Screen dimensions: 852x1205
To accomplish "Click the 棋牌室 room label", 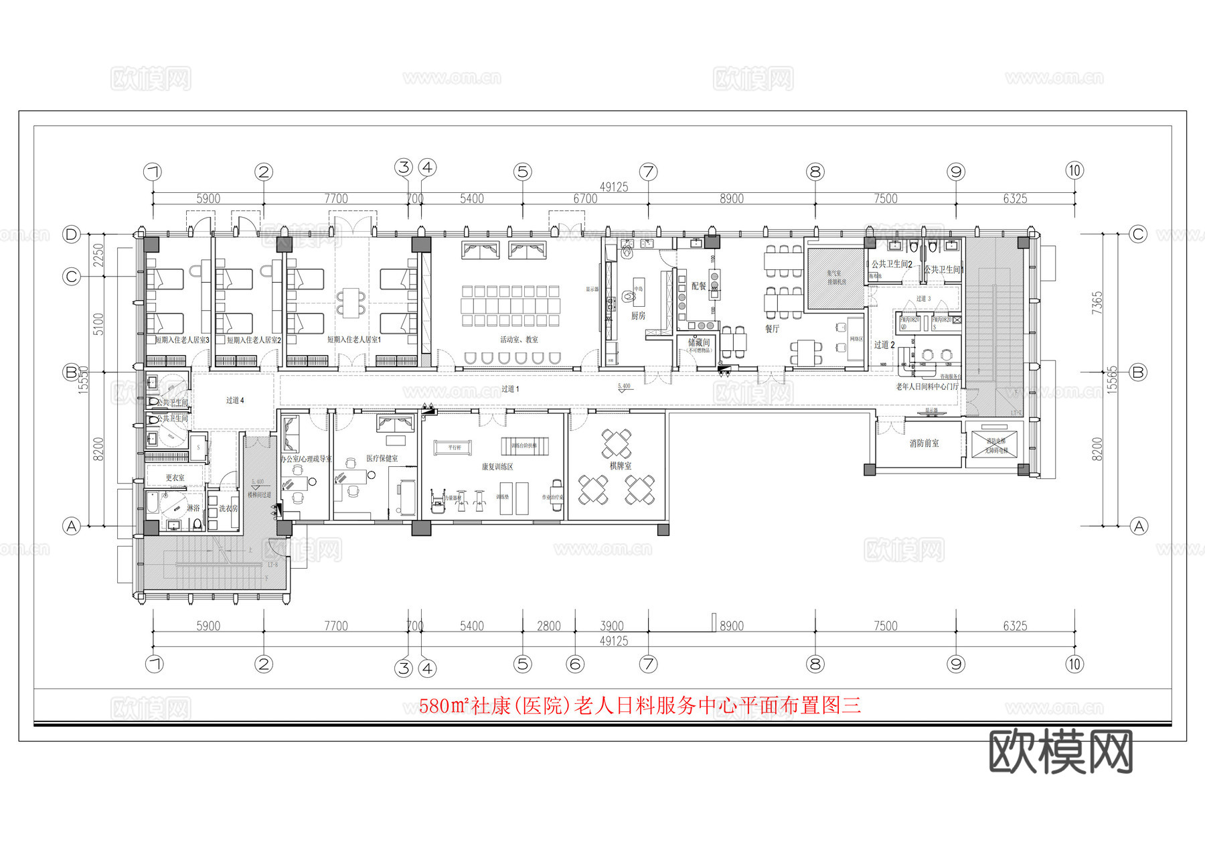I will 620,466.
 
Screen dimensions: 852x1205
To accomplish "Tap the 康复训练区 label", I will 497,467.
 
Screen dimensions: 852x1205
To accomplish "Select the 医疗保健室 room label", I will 382,459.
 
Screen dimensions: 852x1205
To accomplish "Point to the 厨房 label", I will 638,315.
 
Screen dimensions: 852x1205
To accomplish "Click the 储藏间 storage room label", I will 699,343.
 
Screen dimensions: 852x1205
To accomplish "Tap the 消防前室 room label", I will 924,443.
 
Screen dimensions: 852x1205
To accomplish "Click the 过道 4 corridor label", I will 235,401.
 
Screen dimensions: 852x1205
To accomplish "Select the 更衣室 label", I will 175,478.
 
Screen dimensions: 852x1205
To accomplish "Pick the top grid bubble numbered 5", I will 523,172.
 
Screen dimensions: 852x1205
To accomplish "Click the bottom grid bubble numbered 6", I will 575,664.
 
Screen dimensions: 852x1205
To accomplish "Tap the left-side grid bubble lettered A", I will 72,526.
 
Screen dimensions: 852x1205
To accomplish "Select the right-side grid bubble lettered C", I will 1138,234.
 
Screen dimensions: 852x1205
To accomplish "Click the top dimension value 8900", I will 731,199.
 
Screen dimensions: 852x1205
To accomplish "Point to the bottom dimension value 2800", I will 549,626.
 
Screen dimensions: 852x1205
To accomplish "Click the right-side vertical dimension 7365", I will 1097,303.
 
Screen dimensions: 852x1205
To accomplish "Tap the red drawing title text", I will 639,706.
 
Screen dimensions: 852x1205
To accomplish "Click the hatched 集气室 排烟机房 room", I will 836,278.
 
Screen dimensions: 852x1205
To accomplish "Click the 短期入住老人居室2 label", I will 254,340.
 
